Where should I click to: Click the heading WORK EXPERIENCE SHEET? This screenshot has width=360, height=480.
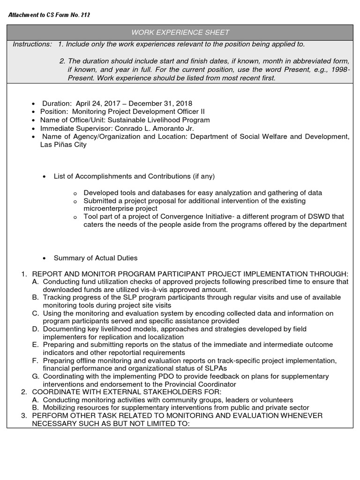tap(180, 32)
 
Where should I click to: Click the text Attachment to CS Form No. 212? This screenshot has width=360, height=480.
tap(50, 15)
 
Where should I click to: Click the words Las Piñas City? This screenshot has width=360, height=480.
tap(64, 145)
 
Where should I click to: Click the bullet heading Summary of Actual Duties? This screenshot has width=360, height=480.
tap(96, 258)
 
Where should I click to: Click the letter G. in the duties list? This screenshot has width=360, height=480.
tap(36, 376)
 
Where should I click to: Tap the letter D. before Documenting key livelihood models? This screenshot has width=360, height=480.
tap(36, 329)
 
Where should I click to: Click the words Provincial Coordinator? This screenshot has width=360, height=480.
tap(202, 384)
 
